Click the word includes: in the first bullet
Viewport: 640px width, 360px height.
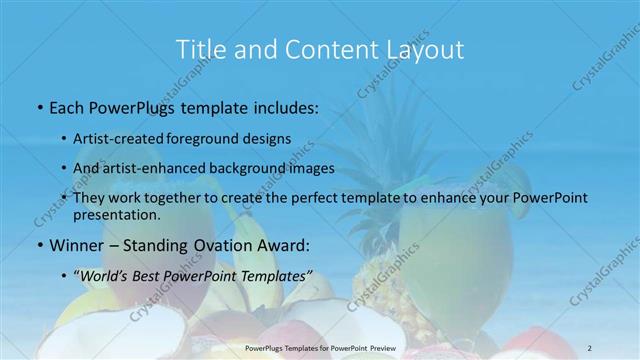pyautogui.click(x=284, y=106)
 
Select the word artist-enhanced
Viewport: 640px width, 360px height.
pyautogui.click(x=162, y=168)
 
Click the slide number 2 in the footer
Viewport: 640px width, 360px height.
pyautogui.click(x=590, y=349)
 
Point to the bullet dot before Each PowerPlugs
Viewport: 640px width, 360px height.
pyautogui.click(x=39, y=106)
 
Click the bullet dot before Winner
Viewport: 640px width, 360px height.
pyautogui.click(x=39, y=244)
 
